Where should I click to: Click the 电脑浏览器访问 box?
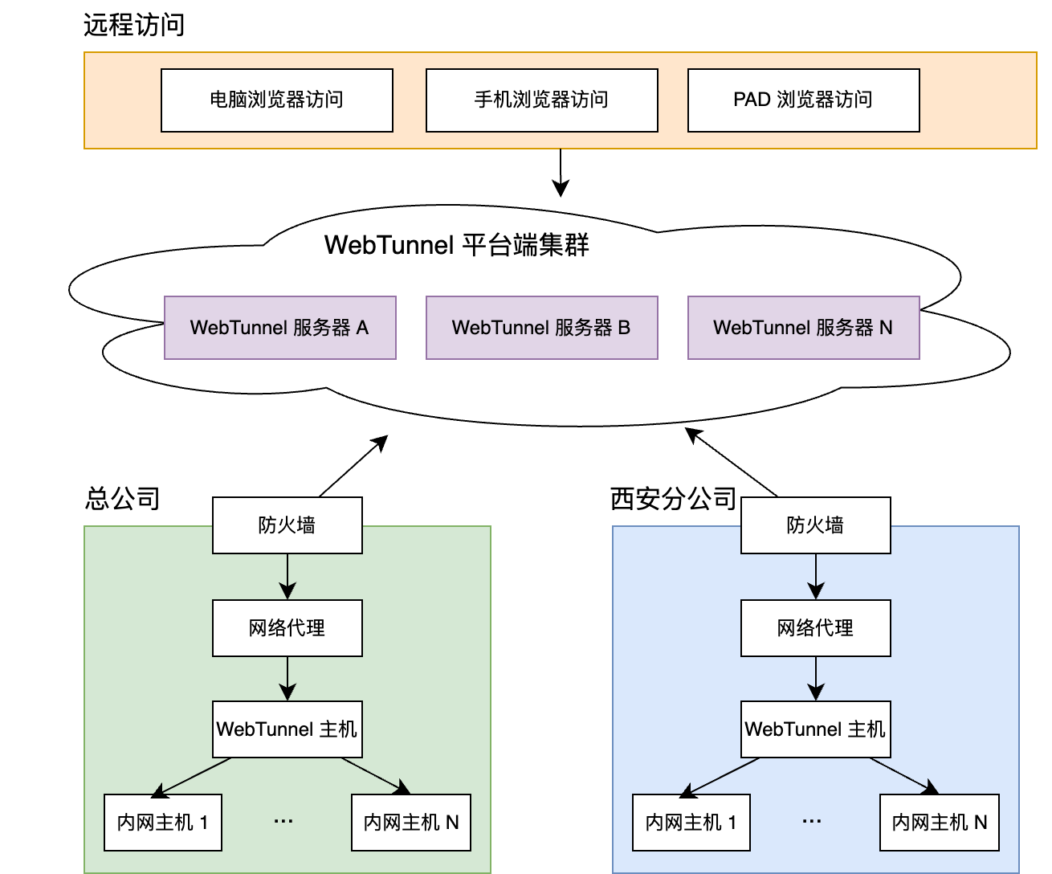pos(277,100)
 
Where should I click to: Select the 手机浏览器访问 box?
pos(541,100)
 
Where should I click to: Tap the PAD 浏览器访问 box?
pos(803,100)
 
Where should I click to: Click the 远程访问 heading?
pos(134,26)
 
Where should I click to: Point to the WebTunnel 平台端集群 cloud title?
pos(456,245)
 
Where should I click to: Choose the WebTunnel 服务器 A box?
pos(279,328)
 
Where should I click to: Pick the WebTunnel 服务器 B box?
pos(541,328)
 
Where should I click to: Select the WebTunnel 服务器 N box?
pos(803,328)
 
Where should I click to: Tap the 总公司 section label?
pos(122,499)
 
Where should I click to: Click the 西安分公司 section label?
pos(673,499)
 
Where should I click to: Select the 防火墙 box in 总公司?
pos(287,525)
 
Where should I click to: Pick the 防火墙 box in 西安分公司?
pos(815,525)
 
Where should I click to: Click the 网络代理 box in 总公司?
pos(287,627)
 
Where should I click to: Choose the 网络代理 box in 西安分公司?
pos(815,627)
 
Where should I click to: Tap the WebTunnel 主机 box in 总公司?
pos(287,729)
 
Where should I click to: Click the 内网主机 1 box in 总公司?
pos(162,823)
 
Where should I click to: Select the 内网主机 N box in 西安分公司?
pos(939,823)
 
